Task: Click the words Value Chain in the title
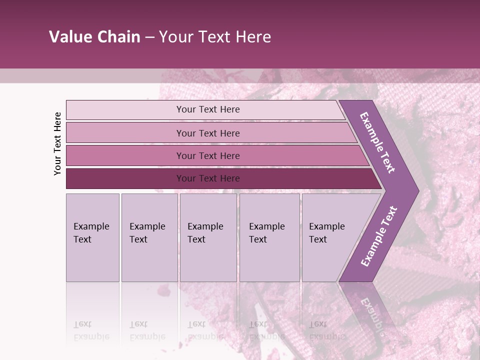tap(94, 37)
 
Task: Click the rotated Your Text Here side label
tap(57, 143)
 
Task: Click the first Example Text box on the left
tap(92, 237)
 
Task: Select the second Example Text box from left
tap(149, 237)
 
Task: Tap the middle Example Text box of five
tap(208, 237)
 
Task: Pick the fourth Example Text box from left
tap(269, 237)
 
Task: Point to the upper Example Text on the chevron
tap(377, 142)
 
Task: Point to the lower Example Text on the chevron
tap(378, 236)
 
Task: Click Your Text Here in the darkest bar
tap(208, 178)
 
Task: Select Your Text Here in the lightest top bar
tap(208, 109)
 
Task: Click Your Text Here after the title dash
tap(215, 37)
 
